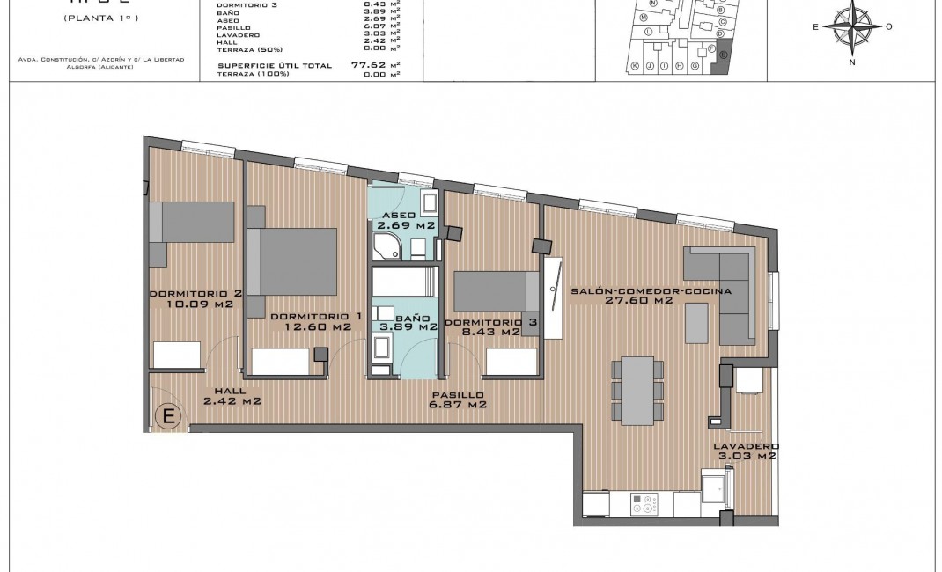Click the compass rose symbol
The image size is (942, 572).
tap(851, 26)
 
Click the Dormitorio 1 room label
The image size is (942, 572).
tap(316, 321)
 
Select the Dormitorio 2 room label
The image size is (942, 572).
tap(195, 299)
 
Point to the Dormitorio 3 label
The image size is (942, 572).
tap(490, 327)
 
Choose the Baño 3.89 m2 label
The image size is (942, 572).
tap(408, 321)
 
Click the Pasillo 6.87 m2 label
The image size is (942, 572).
tap(456, 400)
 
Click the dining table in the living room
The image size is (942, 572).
tap(637, 387)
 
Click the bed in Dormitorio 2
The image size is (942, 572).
tap(193, 223)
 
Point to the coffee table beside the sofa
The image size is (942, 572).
tap(696, 322)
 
